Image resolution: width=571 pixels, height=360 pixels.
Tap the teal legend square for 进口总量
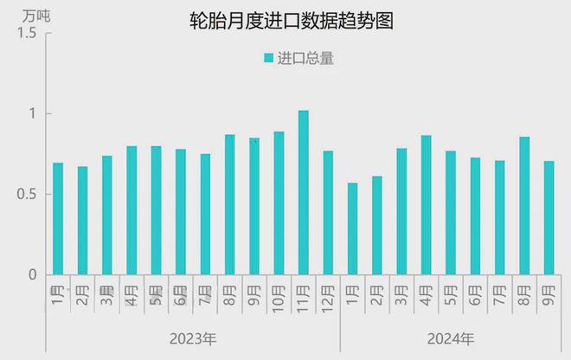[x=268, y=59]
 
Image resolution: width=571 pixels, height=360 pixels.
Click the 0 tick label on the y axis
[x=31, y=275]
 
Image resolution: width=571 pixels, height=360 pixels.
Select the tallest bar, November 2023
[x=304, y=192]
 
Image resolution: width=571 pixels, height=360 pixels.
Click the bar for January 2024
[x=352, y=228]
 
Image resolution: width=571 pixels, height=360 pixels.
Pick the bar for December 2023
[x=328, y=213]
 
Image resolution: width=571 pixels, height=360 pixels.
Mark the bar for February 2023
[x=82, y=221]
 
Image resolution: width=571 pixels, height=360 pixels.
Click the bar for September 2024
[x=549, y=218]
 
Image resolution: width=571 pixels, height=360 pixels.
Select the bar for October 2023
[x=279, y=203]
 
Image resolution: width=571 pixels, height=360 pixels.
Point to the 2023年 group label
[x=193, y=337]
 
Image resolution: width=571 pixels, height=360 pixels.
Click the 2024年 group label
[x=451, y=337]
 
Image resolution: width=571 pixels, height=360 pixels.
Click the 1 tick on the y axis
[x=31, y=114]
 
